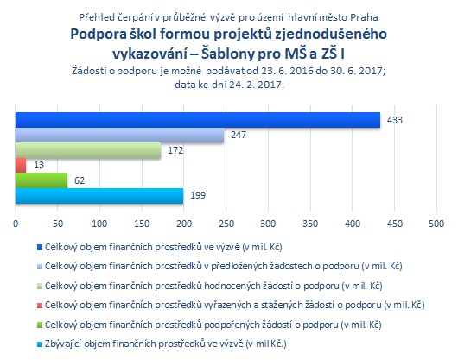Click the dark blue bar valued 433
198,120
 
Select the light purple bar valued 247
120,135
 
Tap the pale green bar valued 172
88,150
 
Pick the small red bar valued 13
21,166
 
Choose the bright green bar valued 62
41,180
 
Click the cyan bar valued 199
99,196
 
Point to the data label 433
395,120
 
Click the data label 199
198,195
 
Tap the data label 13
39,165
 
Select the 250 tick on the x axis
226,224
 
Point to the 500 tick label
436,224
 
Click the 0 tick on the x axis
16,224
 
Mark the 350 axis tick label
310,224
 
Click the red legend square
40,306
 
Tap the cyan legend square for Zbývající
40,344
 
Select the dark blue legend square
40,248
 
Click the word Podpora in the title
99,35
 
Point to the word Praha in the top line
364,17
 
